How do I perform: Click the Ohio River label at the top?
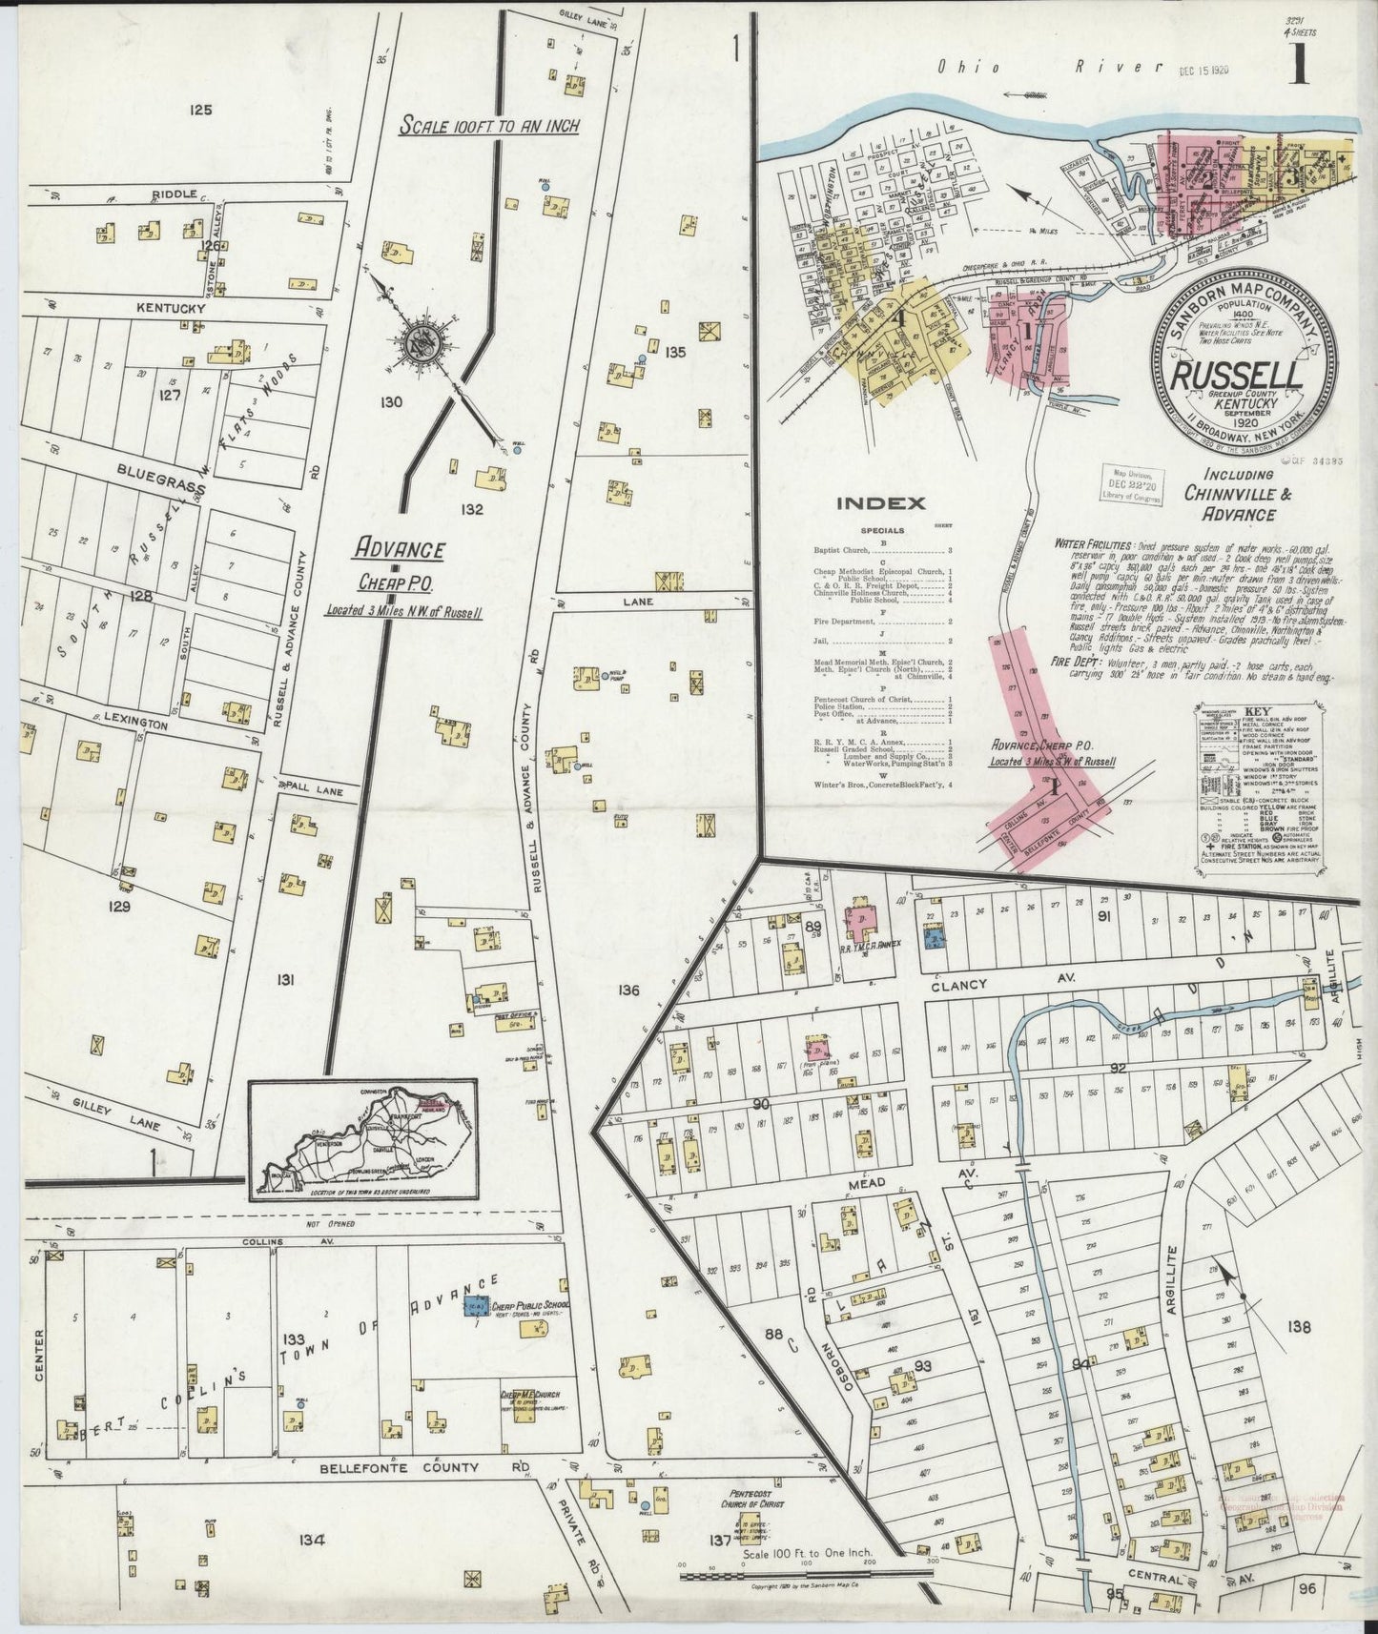(x=1049, y=67)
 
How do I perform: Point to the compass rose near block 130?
(x=421, y=345)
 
